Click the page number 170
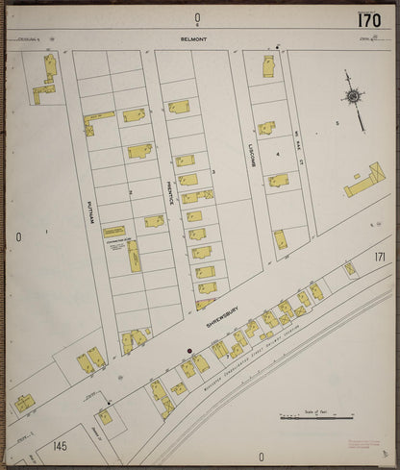(368, 19)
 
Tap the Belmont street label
(193, 40)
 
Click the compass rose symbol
(354, 96)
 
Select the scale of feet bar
(316, 417)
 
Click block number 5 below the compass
(337, 123)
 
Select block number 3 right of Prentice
(213, 172)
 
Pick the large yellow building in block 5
(364, 181)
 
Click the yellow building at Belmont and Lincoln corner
(268, 66)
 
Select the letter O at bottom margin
(260, 457)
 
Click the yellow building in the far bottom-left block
(24, 403)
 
